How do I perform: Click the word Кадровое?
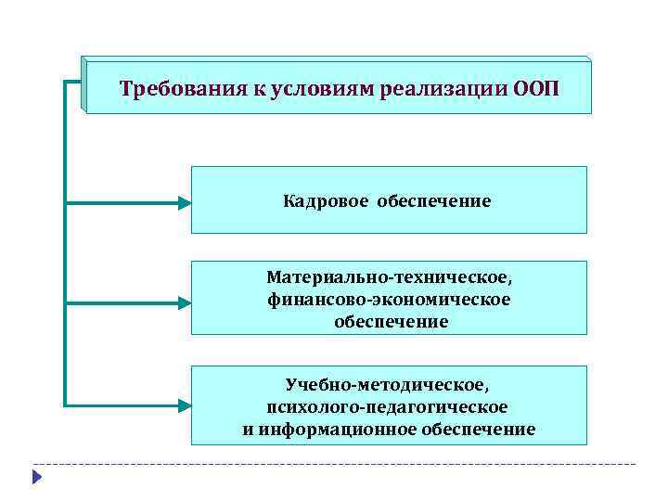tap(326, 200)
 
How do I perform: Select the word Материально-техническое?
tap(389, 277)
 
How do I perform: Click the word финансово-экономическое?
tap(389, 299)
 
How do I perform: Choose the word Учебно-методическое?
tap(389, 384)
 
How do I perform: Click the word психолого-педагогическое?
tap(387, 406)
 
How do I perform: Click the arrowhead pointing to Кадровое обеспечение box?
tap(184, 200)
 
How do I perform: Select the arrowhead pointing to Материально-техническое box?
tap(184, 302)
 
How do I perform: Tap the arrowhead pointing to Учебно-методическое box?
tap(184, 405)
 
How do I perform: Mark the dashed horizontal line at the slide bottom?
tap(334, 463)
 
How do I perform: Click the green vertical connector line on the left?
tap(66, 241)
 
